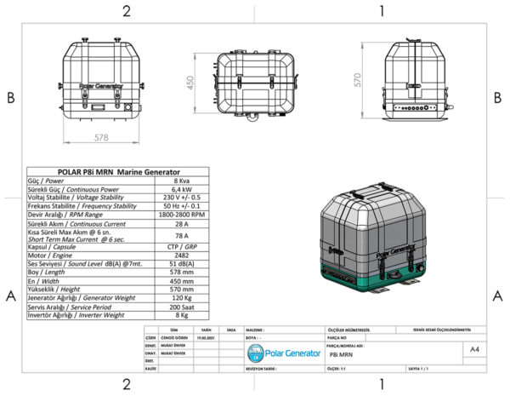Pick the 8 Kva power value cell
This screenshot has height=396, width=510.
coord(181,180)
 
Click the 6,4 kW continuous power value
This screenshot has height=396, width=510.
coord(181,188)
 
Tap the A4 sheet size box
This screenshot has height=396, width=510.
coord(473,349)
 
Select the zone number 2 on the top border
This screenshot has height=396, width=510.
coord(127,11)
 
